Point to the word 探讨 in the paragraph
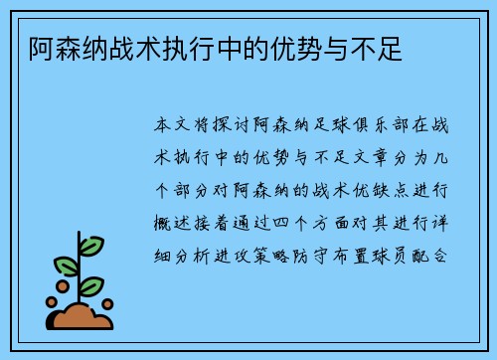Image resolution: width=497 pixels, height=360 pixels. (251, 126)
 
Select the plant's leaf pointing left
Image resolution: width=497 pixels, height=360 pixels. (65, 268)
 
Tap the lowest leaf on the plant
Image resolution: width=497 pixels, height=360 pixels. (90, 285)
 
